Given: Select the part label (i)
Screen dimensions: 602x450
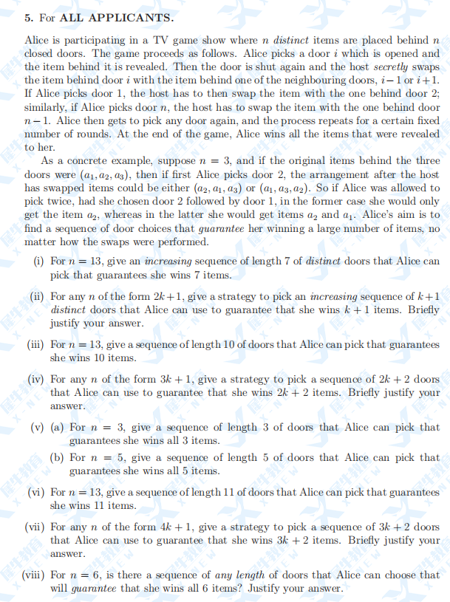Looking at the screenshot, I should coord(39,261).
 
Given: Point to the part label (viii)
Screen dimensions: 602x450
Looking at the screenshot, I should coord(34,575).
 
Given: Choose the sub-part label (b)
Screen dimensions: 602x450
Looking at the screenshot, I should coord(58,458).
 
